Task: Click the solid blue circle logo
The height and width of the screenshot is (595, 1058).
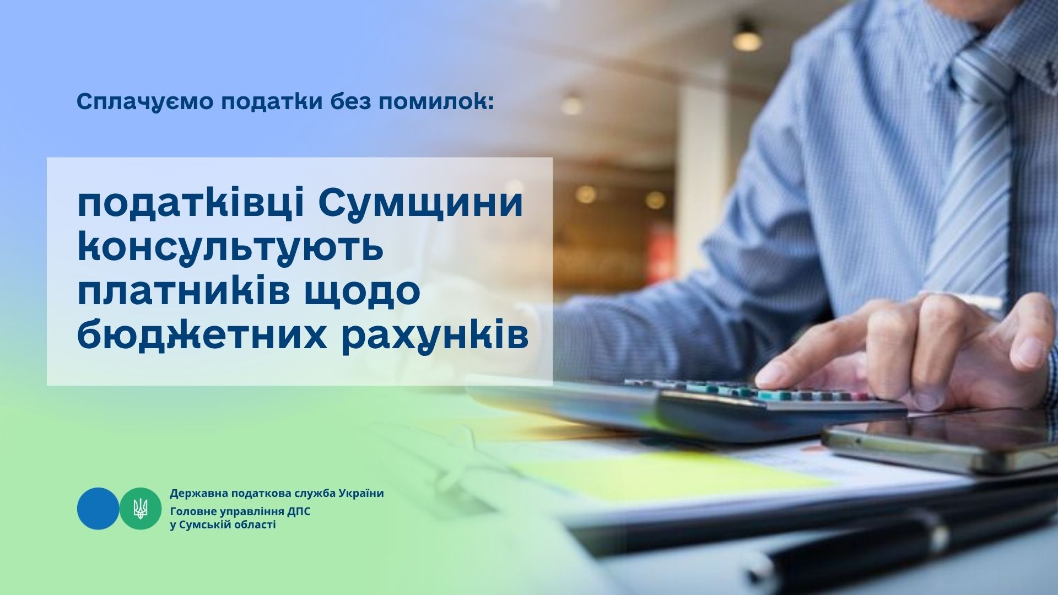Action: (98, 509)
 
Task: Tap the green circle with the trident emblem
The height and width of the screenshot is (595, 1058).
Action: (141, 509)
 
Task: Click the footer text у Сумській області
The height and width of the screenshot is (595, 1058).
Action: (223, 525)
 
